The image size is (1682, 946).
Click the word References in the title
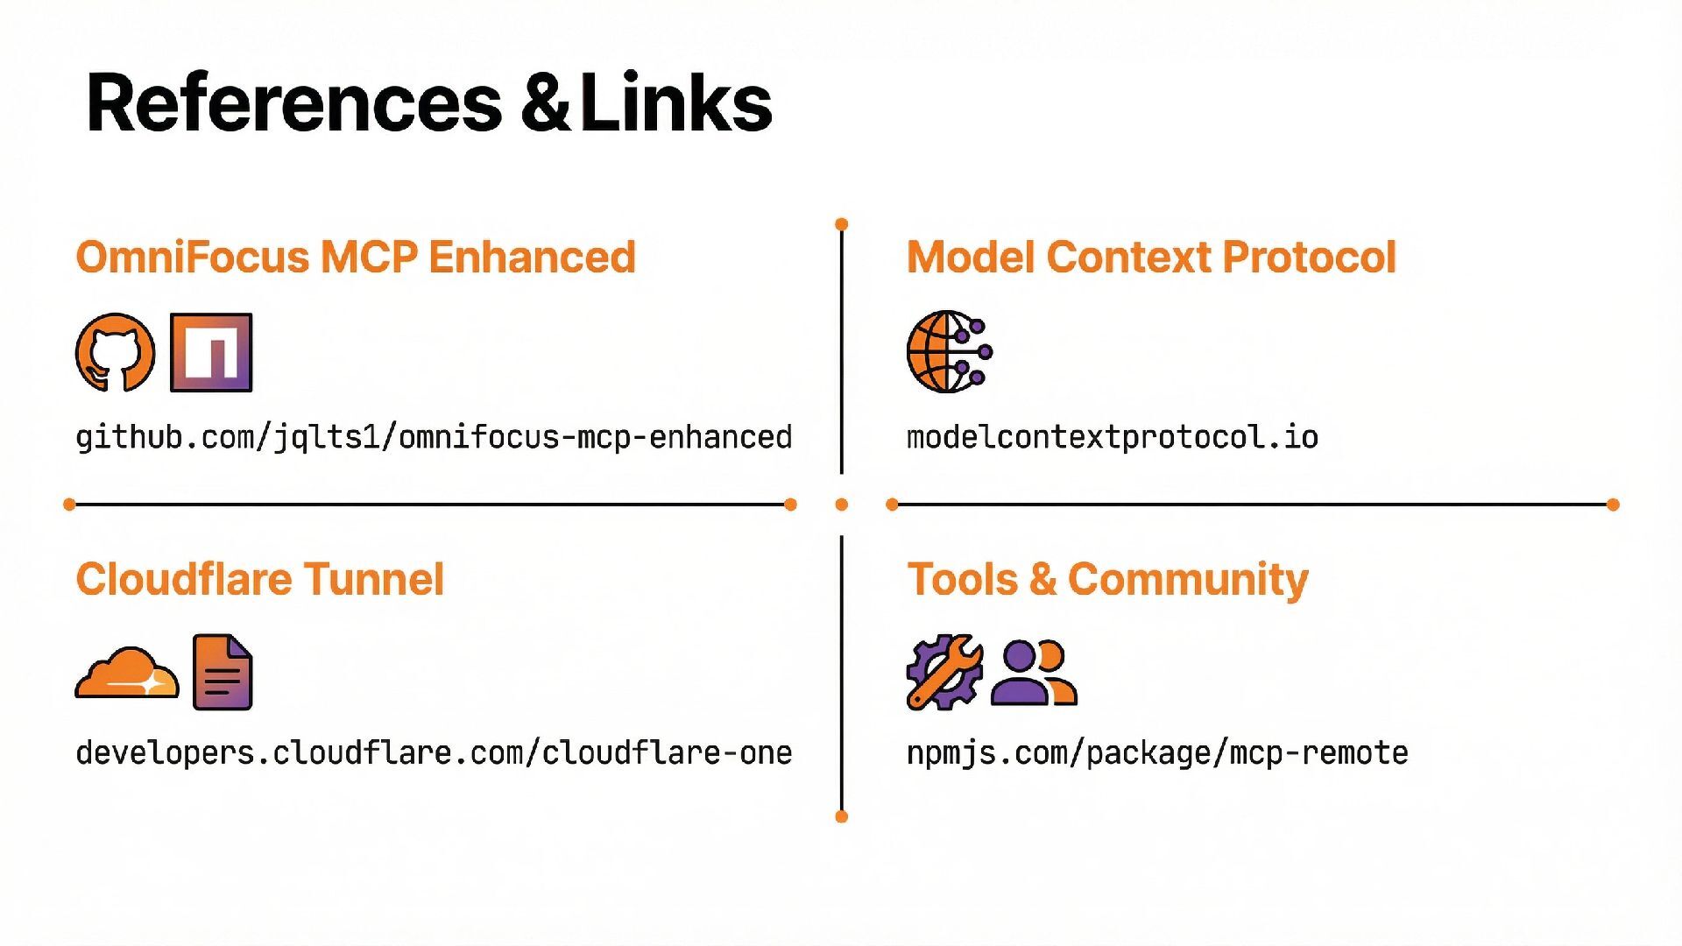(293, 103)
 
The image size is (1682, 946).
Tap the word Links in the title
(675, 103)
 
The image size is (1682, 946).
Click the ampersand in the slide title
(545, 103)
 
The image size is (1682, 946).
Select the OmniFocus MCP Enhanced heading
(356, 257)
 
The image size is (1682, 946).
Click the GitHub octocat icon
(115, 352)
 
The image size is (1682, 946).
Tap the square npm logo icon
(211, 352)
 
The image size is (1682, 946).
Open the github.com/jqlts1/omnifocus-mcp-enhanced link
(434, 436)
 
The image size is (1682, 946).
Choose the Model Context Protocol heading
(1151, 257)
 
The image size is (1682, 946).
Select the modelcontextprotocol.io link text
(1113, 436)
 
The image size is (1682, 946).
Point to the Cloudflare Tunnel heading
(259, 579)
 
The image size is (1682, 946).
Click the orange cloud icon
(127, 673)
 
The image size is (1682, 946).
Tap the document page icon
(223, 672)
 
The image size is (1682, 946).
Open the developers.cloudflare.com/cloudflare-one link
(434, 752)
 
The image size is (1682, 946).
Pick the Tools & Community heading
(1107, 579)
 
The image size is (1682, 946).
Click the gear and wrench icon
(944, 672)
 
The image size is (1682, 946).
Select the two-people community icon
(1034, 673)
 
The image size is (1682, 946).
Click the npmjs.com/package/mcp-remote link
(1157, 752)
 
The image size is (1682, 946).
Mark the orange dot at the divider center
(842, 505)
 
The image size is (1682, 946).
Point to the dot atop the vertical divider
(842, 224)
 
